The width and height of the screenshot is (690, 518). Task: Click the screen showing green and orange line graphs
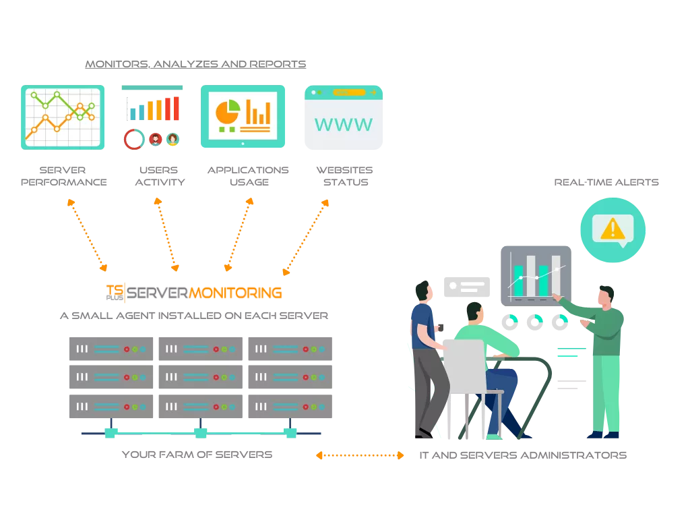[62, 116]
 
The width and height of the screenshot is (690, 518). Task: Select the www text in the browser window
[343, 125]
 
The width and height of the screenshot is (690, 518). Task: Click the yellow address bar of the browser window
[348, 92]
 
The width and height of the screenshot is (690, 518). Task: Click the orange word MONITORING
[235, 293]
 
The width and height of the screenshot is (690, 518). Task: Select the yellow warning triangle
[612, 229]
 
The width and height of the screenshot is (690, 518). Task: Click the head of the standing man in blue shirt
[422, 292]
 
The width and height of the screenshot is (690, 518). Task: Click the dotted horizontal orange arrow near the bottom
[359, 456]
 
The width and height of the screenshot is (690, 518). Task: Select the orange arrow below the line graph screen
[86, 234]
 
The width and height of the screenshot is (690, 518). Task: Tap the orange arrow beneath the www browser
[305, 237]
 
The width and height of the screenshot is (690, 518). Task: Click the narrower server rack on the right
[290, 378]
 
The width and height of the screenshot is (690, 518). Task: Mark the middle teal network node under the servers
[201, 434]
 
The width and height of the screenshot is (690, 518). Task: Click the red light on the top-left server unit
[126, 349]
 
